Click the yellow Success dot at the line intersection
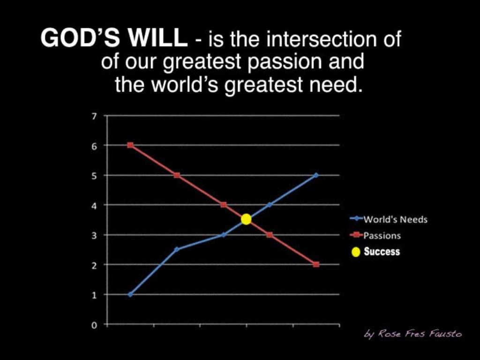click(x=246, y=219)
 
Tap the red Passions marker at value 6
click(x=130, y=145)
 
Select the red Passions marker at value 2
click(x=316, y=264)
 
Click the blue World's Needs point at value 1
click(x=130, y=294)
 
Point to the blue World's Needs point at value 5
click(x=316, y=175)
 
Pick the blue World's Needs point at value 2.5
click(x=177, y=249)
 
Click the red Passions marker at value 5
click(x=177, y=175)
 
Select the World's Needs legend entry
click(x=389, y=219)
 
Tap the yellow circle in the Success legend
click(x=356, y=252)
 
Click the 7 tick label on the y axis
click(x=94, y=116)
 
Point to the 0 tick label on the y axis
click(x=94, y=324)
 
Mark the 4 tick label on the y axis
click(x=94, y=205)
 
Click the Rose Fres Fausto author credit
click(x=413, y=334)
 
